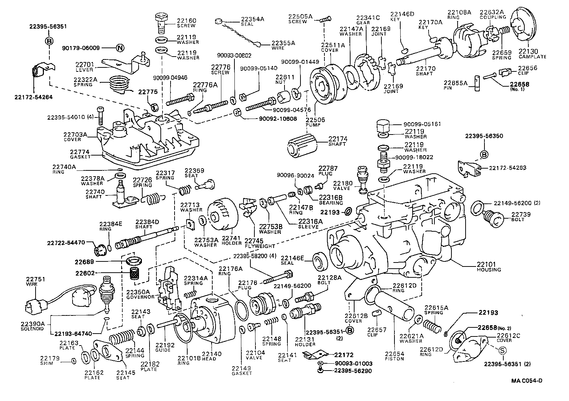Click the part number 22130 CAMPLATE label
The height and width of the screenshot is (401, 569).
(x=532, y=54)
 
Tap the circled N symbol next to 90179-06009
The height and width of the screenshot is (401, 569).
(x=120, y=48)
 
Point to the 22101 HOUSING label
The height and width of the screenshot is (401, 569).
(x=488, y=267)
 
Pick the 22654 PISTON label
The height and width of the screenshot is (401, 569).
(x=394, y=356)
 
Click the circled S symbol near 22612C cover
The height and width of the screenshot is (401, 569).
(x=502, y=351)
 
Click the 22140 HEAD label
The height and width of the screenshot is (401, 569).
(x=209, y=356)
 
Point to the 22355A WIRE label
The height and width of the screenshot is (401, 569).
(x=283, y=45)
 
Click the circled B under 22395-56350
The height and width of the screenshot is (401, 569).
(x=484, y=154)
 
